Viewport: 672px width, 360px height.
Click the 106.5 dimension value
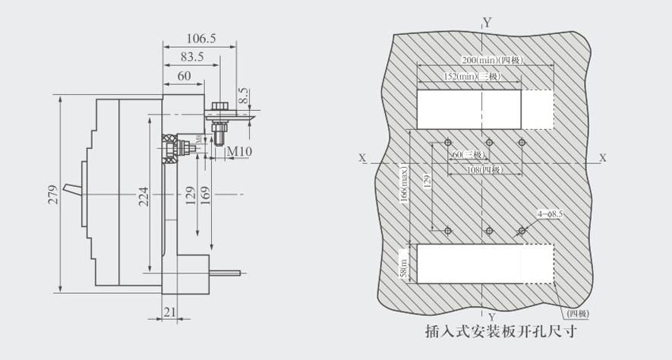click(x=201, y=37)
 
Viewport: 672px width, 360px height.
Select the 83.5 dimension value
click(x=191, y=56)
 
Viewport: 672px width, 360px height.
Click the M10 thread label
click(x=240, y=152)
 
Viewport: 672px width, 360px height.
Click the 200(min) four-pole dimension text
click(x=492, y=61)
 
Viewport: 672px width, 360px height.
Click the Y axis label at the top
click(x=487, y=22)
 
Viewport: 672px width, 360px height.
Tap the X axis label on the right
click(x=603, y=158)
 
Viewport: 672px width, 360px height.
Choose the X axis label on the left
click(x=363, y=158)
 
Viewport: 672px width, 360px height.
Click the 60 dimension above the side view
click(x=184, y=76)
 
